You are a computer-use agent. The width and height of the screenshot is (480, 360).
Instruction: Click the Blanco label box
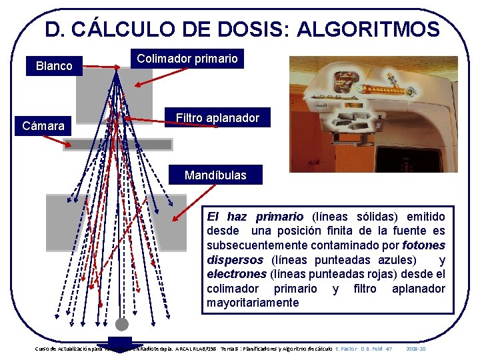tap(54, 66)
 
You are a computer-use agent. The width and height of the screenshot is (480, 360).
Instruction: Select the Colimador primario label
tap(187, 59)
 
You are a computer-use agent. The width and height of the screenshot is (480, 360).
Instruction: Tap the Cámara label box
tap(43, 125)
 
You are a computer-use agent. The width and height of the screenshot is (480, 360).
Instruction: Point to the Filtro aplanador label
tap(217, 118)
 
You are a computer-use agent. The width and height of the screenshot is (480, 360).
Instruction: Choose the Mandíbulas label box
tap(215, 175)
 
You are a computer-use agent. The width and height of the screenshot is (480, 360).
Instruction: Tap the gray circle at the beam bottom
tap(121, 325)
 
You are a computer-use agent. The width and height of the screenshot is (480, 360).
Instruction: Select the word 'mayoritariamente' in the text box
tap(253, 303)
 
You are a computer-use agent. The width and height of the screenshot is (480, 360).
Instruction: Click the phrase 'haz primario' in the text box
tap(265, 217)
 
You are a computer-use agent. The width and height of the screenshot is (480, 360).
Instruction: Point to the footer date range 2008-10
tap(415, 349)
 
